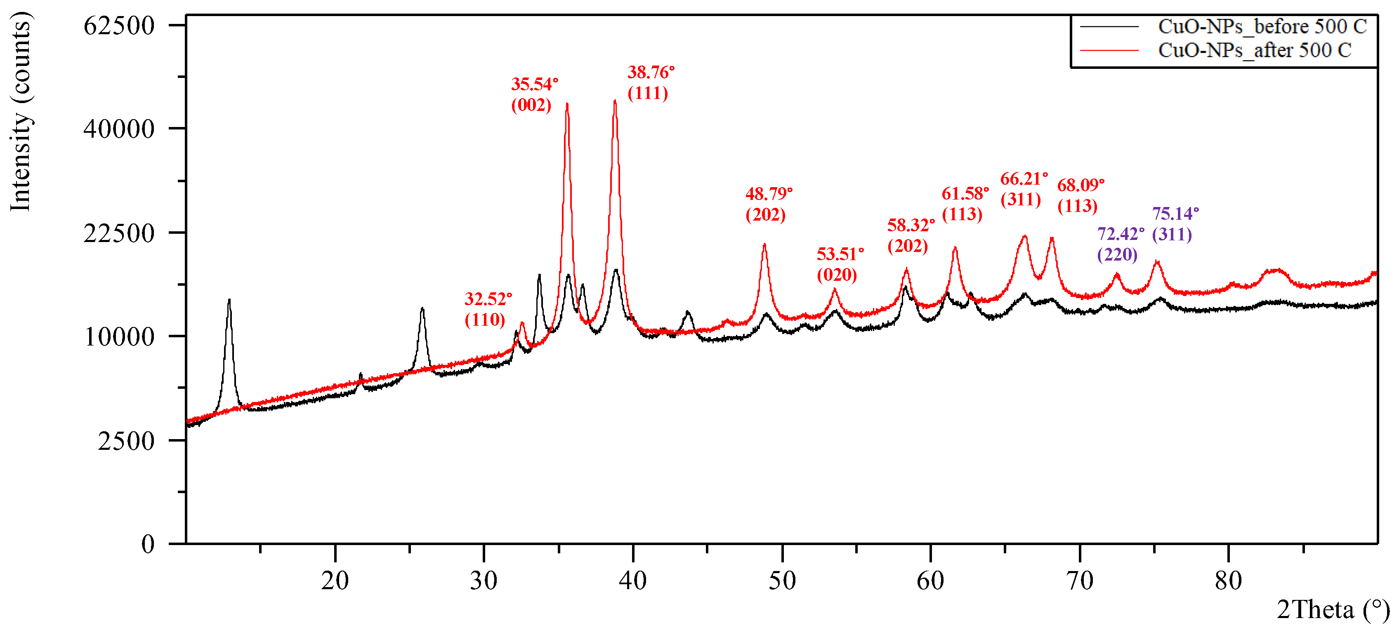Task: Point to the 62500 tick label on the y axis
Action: coord(119,26)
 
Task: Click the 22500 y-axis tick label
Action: coord(119,233)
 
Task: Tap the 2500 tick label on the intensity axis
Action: coord(126,441)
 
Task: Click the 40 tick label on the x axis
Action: coord(633,581)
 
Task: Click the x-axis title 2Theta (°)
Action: coord(1332,610)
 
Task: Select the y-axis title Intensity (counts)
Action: coord(21,111)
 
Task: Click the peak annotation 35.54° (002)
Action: coord(534,94)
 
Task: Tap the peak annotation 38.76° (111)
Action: coord(651,82)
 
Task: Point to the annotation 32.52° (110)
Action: coord(488,309)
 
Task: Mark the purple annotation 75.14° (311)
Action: coord(1175,223)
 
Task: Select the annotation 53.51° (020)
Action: coord(840,264)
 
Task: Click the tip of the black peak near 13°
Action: coord(229,299)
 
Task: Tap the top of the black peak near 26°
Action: coord(422,308)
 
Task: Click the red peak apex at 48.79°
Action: coord(764,244)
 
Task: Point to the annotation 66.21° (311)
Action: coord(1024,189)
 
